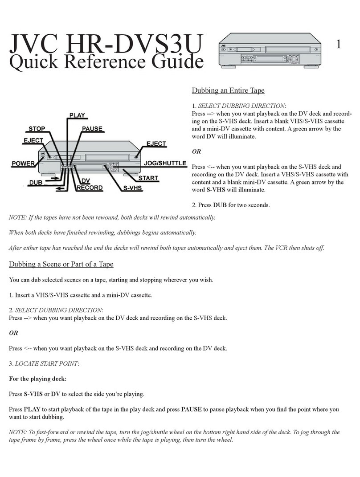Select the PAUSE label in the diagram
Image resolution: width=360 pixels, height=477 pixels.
[92, 129]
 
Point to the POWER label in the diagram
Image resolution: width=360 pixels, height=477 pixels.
[23, 163]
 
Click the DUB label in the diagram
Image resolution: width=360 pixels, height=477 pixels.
[36, 182]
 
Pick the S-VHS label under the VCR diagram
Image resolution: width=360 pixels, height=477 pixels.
[133, 188]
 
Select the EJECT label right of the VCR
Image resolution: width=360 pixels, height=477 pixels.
[156, 144]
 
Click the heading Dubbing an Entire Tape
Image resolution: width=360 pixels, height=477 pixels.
[228, 90]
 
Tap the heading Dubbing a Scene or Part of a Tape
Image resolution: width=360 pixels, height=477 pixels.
[61, 264]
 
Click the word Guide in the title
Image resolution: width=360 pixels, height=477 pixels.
[176, 62]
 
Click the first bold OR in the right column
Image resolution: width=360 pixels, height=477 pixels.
[196, 151]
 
